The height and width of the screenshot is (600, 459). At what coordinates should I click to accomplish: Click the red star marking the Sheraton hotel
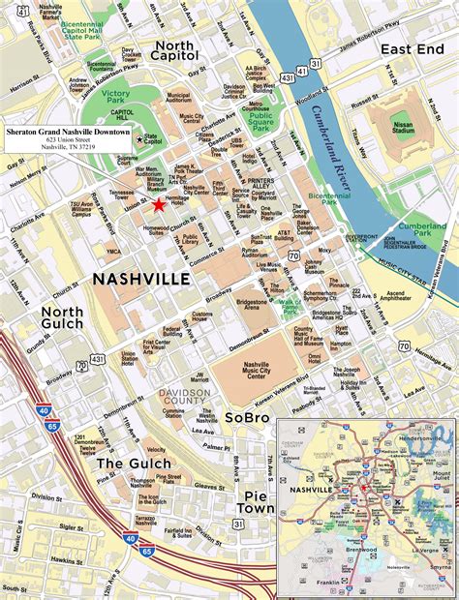tap(159, 204)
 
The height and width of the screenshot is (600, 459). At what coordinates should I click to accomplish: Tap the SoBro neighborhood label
tap(247, 417)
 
